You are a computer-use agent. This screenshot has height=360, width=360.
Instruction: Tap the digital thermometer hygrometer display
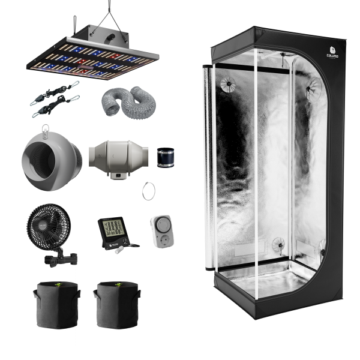coord(111,229)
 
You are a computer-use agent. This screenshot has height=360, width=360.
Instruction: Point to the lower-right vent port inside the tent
coord(279,242)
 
